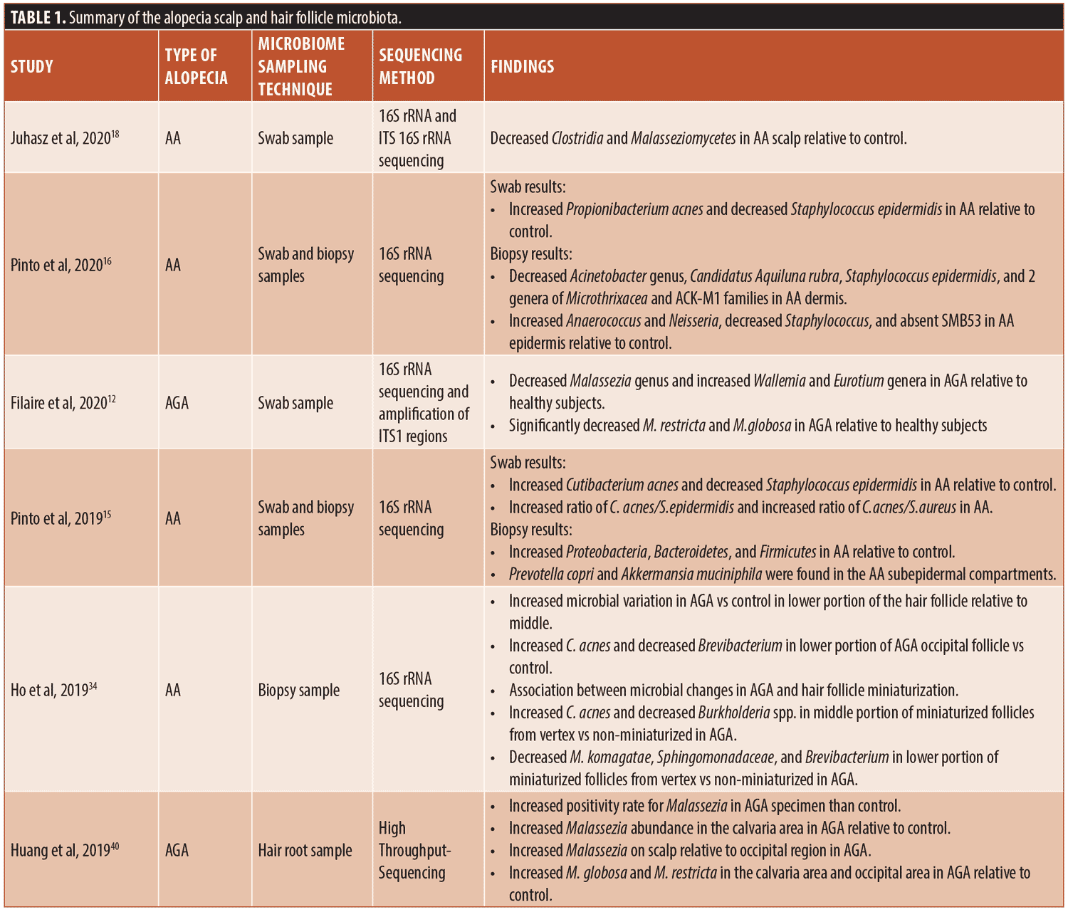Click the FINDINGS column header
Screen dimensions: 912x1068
522,67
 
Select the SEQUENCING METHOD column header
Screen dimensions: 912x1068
420,67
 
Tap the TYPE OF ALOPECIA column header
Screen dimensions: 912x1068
196,67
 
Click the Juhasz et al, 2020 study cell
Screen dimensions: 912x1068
64,138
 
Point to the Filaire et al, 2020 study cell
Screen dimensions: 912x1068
63,403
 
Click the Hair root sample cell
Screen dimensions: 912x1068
305,850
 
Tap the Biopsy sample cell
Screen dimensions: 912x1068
298,690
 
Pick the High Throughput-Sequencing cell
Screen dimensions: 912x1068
414,850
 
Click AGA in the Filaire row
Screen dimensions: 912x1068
177,403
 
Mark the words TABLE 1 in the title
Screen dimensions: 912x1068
38,18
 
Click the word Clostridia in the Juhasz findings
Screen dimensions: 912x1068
577,138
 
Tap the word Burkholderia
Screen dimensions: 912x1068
733,713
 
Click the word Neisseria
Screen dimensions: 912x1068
693,321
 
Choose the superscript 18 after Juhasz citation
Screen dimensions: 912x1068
115,133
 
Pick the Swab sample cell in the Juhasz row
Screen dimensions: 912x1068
295,138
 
